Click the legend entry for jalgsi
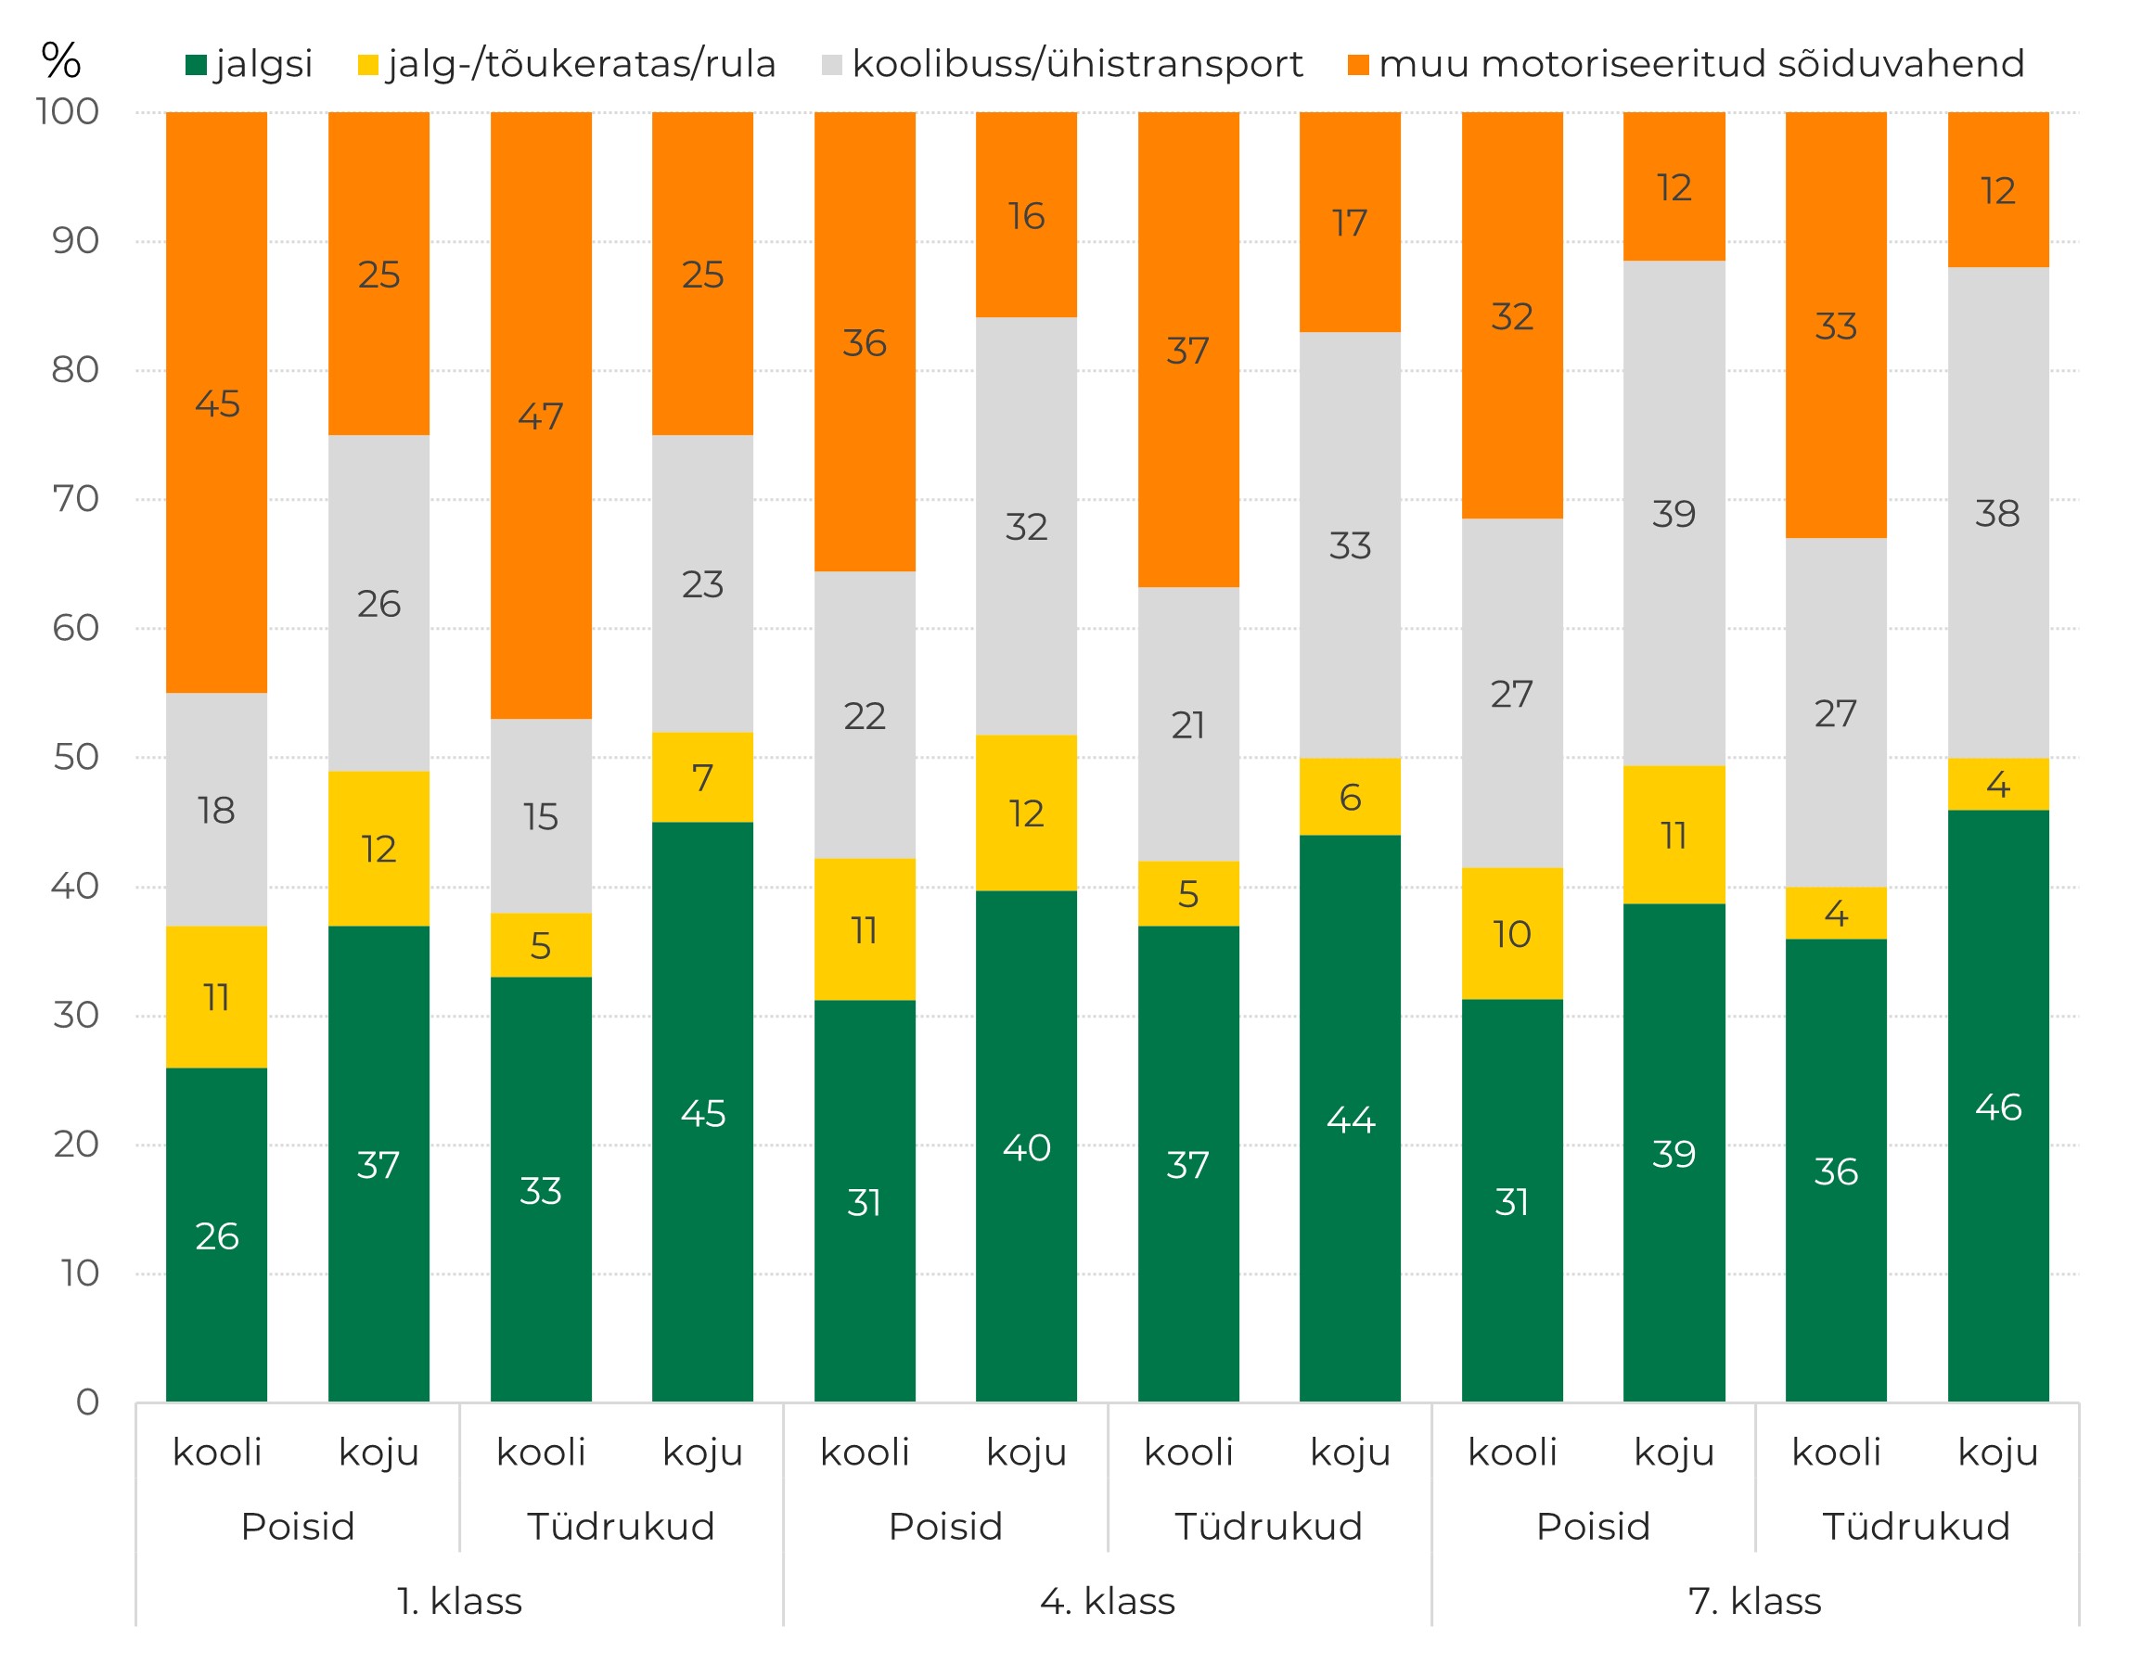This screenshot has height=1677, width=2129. [x=250, y=65]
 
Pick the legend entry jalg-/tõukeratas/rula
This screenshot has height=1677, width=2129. [x=567, y=65]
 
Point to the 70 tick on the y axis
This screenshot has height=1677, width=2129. [x=76, y=500]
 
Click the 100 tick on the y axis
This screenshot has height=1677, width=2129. [x=68, y=112]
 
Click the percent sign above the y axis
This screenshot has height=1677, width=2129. [x=61, y=61]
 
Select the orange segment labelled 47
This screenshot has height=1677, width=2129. [x=541, y=416]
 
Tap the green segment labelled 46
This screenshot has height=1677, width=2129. [x=1997, y=1107]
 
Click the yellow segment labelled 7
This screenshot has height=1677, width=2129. [x=702, y=777]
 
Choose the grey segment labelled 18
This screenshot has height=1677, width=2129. [x=216, y=810]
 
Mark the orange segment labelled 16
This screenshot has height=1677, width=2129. [x=1026, y=215]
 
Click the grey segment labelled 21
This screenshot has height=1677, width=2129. [x=1188, y=724]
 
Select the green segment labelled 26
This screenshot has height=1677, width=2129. [x=216, y=1235]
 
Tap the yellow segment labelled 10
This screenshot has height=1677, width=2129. [x=1511, y=934]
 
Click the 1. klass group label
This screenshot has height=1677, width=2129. [x=459, y=1601]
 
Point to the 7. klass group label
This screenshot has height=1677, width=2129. [x=1754, y=1601]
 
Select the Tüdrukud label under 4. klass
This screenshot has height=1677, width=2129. [x=1269, y=1527]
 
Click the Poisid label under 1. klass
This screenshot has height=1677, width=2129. [x=298, y=1527]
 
